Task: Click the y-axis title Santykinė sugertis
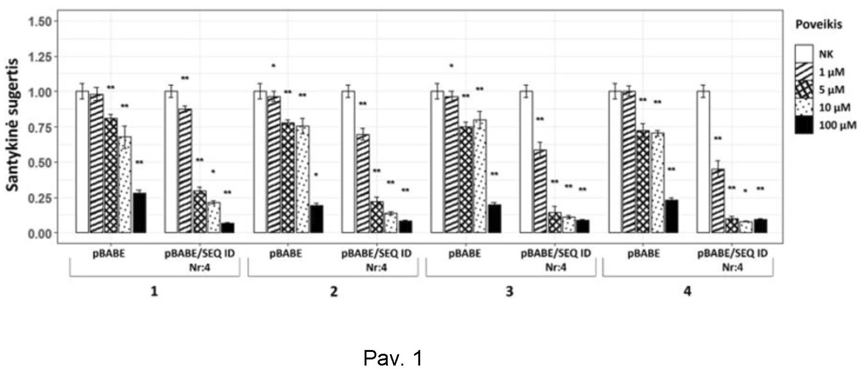coord(13,125)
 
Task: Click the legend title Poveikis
coord(818,24)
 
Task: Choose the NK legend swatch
coord(804,54)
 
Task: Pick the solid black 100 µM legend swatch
coord(804,125)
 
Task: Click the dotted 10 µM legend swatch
coord(804,107)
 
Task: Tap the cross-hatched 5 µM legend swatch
coord(804,89)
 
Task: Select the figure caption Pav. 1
coord(393,358)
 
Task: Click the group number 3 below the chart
coord(509,292)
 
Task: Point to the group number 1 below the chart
coord(154,292)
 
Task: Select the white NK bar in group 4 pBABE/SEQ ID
coord(703,162)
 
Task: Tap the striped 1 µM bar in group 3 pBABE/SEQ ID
coord(540,191)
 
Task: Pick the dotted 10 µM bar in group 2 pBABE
coord(302,179)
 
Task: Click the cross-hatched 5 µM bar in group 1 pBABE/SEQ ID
coord(200,212)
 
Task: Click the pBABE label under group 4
coord(643,254)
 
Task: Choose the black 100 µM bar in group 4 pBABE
coord(671,216)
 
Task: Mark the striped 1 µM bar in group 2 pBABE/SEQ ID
coord(363,183)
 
